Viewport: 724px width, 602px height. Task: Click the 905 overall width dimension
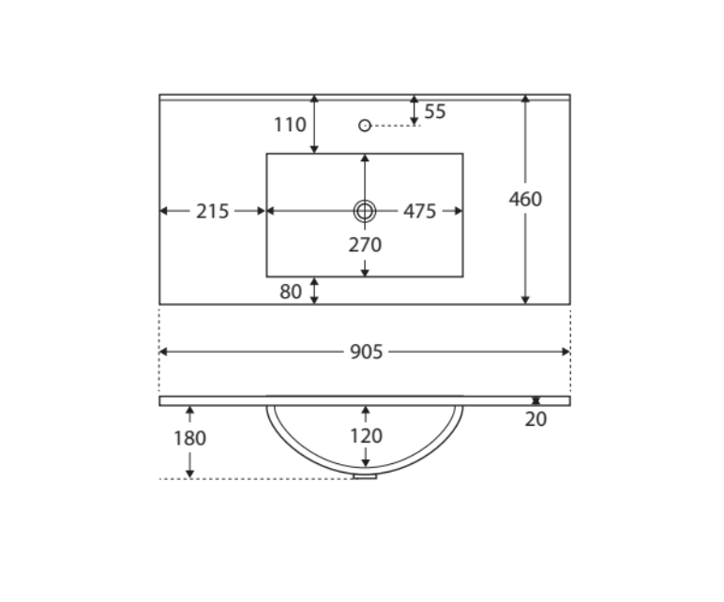[366, 352]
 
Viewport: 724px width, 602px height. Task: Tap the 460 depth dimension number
[525, 199]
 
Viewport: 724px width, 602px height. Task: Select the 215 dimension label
[212, 211]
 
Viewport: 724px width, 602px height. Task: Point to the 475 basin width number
[420, 211]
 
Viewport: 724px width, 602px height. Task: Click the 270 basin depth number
[365, 245]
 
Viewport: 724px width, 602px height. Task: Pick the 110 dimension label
[290, 125]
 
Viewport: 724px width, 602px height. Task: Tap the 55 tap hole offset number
[435, 112]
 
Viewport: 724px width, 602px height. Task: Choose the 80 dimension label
[291, 292]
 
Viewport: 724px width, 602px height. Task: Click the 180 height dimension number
[189, 438]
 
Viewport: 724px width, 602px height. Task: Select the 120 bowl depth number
[366, 436]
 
